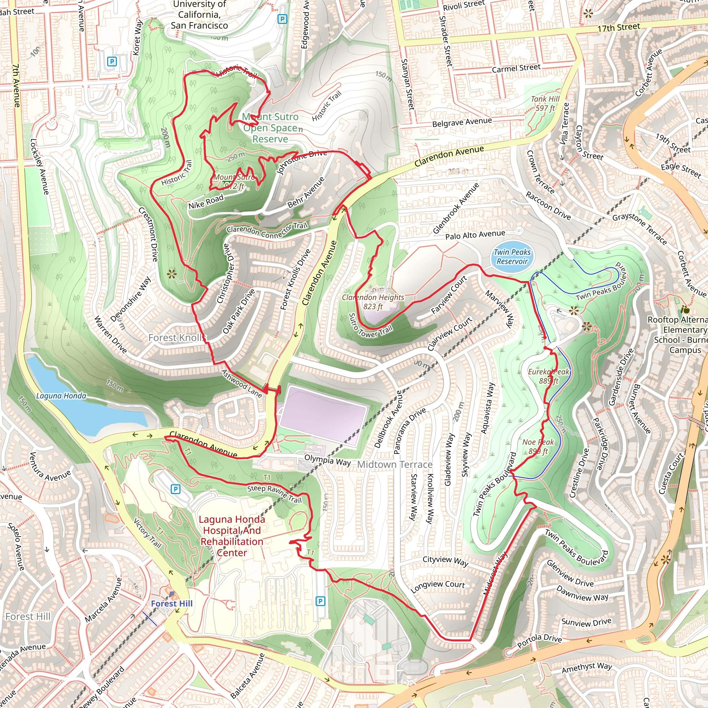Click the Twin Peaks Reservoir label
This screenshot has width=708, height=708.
pyautogui.click(x=512, y=257)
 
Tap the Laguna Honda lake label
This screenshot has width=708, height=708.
pyautogui.click(x=61, y=396)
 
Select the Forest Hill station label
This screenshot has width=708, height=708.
pyautogui.click(x=171, y=603)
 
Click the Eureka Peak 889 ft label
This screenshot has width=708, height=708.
pyautogui.click(x=548, y=376)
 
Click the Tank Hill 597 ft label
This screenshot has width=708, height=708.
pyautogui.click(x=545, y=103)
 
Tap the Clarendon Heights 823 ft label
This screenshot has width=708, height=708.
pyautogui.click(x=373, y=301)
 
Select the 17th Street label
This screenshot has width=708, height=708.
pyautogui.click(x=618, y=27)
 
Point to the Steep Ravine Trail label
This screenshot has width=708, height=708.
pyautogui.click(x=274, y=494)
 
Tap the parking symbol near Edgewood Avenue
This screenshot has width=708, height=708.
pyautogui.click(x=282, y=19)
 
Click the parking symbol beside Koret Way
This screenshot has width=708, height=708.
pyautogui.click(x=112, y=62)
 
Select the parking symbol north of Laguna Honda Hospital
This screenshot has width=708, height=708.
pyautogui.click(x=176, y=489)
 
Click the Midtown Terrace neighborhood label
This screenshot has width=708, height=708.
pyautogui.click(x=395, y=465)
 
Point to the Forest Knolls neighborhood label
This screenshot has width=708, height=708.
pyautogui.click(x=177, y=337)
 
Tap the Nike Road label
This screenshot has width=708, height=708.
pyautogui.click(x=206, y=202)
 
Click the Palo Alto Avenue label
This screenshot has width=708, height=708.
pyautogui.click(x=475, y=234)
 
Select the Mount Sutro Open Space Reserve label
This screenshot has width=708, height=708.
pyautogui.click(x=270, y=128)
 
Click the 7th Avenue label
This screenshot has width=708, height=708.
pyautogui.click(x=17, y=85)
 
